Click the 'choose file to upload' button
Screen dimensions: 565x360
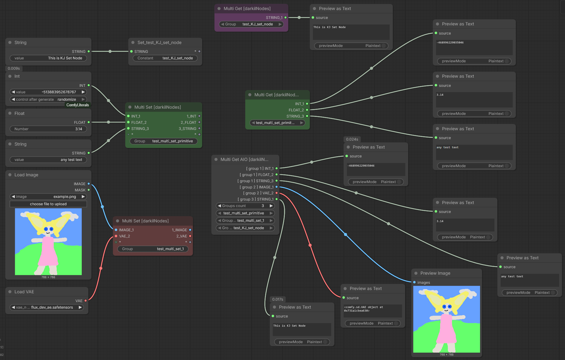(x=48, y=204)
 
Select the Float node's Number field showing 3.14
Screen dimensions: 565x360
(x=48, y=129)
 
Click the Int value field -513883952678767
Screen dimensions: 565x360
(x=48, y=92)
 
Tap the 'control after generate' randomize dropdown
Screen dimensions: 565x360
(x=48, y=100)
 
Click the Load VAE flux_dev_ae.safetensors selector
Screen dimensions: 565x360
(x=47, y=307)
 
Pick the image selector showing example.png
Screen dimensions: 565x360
(x=48, y=197)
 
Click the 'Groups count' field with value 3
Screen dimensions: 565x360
(x=245, y=206)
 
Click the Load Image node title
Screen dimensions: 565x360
(x=26, y=175)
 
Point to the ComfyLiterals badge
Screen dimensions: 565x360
(x=78, y=105)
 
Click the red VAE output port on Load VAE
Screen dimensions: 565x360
(x=86, y=301)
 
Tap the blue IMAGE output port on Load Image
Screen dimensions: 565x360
(x=89, y=184)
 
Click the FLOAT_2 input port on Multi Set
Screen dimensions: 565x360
(x=128, y=122)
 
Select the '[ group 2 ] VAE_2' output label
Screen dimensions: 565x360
(x=258, y=193)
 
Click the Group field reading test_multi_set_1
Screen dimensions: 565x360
(x=153, y=249)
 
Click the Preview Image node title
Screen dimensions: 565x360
(x=435, y=273)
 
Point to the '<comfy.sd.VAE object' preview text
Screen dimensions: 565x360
(x=363, y=307)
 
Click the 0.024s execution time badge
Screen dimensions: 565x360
(x=352, y=139)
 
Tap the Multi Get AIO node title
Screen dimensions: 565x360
(x=244, y=159)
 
